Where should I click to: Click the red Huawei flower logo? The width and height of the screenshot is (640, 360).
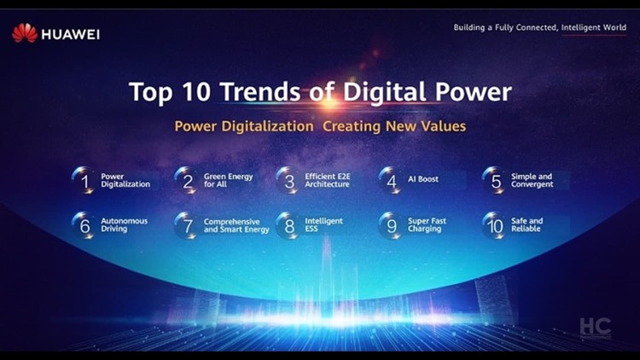click(x=25, y=33)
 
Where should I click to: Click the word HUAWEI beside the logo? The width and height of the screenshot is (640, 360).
click(x=71, y=35)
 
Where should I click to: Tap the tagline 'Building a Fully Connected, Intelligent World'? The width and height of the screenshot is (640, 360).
click(x=539, y=28)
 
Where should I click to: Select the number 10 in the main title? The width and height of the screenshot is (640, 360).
click(x=197, y=91)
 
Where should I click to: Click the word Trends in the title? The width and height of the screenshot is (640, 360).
click(x=260, y=91)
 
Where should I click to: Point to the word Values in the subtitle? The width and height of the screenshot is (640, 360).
click(x=443, y=126)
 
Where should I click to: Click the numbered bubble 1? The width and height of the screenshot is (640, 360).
click(x=84, y=180)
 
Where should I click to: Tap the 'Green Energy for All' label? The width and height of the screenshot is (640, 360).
click(x=228, y=180)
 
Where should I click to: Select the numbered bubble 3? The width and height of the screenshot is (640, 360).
click(x=288, y=180)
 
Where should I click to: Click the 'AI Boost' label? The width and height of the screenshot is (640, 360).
click(x=423, y=179)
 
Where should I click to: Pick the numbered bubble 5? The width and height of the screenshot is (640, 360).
click(x=495, y=180)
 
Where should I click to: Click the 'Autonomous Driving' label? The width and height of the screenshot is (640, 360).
click(x=124, y=225)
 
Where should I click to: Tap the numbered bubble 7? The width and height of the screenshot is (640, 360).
click(x=187, y=225)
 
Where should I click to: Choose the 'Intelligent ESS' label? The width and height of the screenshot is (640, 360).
click(x=323, y=225)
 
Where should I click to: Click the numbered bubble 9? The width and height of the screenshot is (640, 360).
click(x=391, y=225)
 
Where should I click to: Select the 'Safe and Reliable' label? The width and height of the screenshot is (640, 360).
click(x=527, y=225)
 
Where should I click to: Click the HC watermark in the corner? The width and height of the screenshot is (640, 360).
click(x=596, y=328)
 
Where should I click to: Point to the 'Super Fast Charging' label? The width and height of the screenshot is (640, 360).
click(x=427, y=225)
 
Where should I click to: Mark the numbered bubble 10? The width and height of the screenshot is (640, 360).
click(x=495, y=225)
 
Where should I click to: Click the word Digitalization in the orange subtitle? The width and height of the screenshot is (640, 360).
click(x=267, y=126)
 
